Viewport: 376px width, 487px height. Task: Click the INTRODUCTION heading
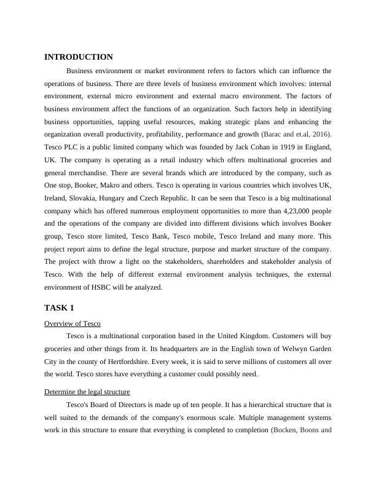pos(79,57)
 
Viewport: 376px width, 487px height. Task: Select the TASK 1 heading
pos(59,307)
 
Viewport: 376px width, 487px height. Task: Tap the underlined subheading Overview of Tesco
pos(72,323)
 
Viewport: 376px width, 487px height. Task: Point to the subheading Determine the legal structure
pos(87,392)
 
